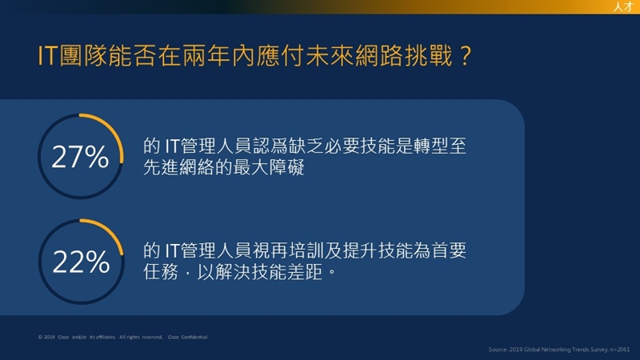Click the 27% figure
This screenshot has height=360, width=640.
pos(81,157)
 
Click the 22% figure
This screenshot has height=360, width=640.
pos(82,262)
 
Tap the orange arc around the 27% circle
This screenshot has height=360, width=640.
pos(114,130)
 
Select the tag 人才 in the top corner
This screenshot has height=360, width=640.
pos(623,6)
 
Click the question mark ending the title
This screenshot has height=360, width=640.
pos(465,56)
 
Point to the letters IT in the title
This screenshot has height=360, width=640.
pos(47,56)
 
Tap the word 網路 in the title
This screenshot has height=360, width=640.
pos(379,55)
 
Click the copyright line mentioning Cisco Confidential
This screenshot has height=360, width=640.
pos(123,337)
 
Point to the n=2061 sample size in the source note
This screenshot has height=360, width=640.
pos(619,350)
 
